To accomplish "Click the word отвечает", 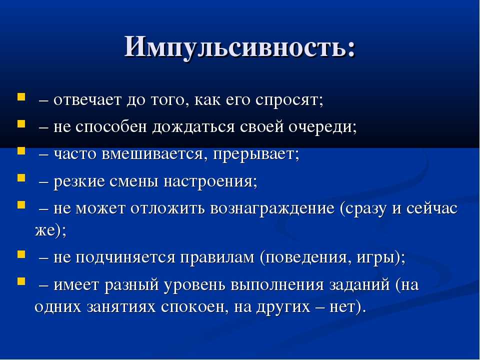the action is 87,100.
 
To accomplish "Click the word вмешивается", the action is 152,153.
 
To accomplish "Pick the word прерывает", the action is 256,154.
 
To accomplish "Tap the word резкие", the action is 79,181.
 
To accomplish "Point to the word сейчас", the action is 432,208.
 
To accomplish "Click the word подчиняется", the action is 125,257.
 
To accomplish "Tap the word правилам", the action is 217,258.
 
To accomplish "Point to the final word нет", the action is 343,307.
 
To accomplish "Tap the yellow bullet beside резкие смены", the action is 21,177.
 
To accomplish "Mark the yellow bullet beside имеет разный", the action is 21,281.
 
